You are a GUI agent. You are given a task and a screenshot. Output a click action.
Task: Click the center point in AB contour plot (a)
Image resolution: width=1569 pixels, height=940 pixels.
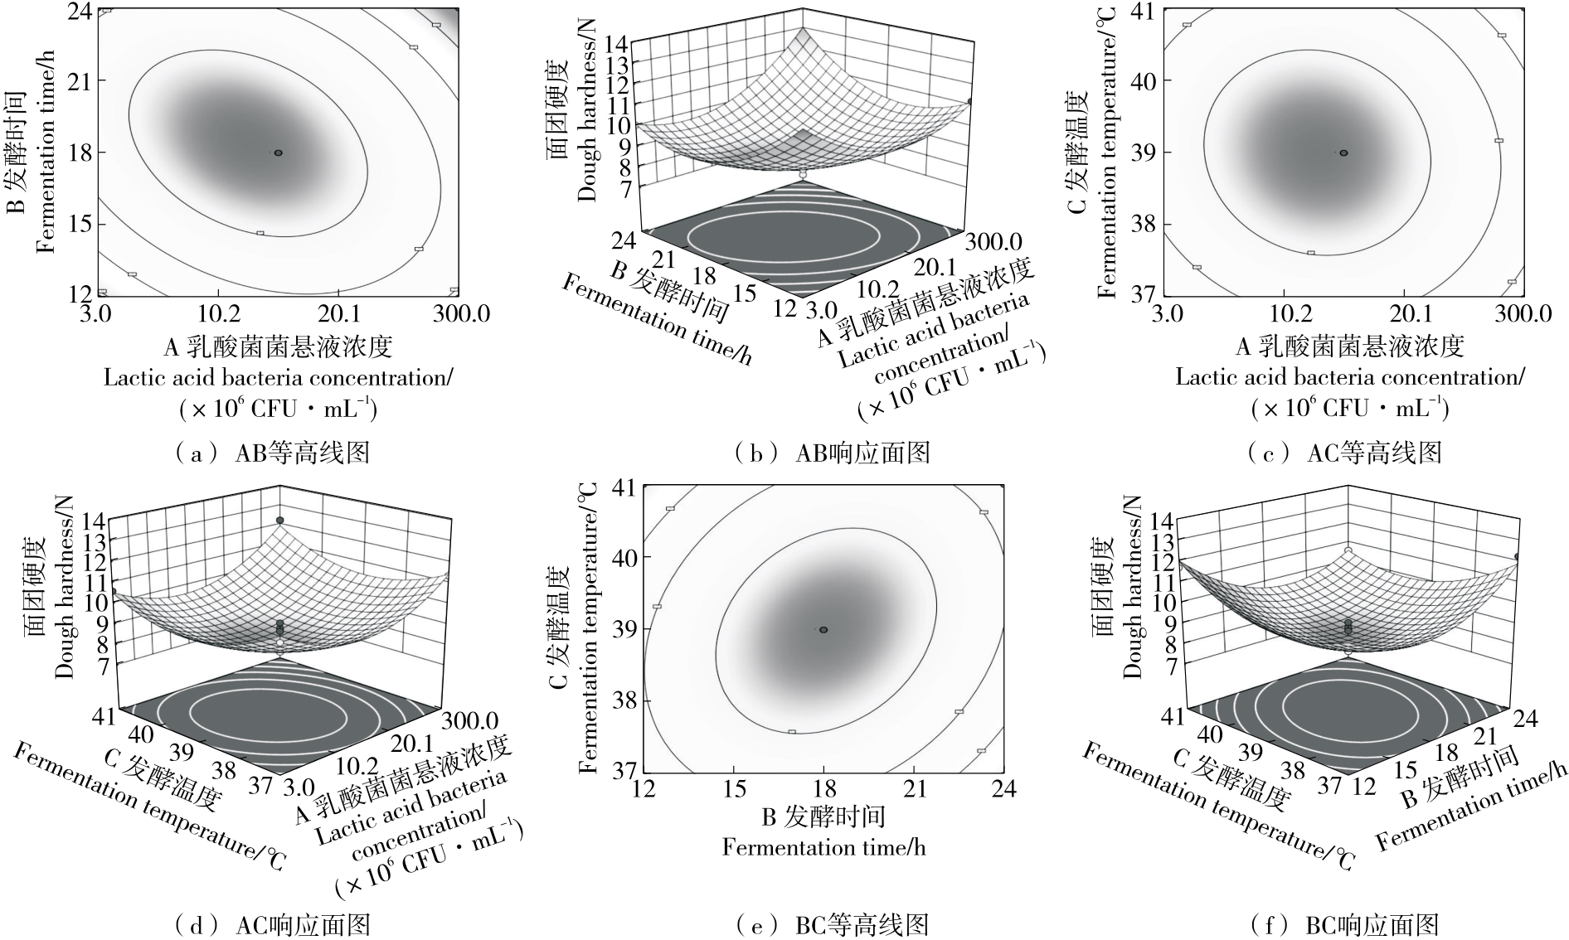tap(279, 153)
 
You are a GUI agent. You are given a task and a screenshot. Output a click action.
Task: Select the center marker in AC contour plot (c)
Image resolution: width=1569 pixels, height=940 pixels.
tap(1343, 153)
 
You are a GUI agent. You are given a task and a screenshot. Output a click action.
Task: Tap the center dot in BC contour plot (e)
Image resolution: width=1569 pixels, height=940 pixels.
tap(823, 630)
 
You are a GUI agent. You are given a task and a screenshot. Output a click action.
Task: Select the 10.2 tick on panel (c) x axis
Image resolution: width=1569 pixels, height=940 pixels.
tap(1284, 313)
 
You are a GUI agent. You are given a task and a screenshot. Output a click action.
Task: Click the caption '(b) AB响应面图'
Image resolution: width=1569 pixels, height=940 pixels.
tap(833, 452)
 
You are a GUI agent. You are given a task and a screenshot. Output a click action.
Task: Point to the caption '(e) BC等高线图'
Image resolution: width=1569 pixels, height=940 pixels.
tap(833, 924)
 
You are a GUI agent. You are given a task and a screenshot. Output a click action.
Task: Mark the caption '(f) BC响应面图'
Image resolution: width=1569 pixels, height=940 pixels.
tap(1343, 924)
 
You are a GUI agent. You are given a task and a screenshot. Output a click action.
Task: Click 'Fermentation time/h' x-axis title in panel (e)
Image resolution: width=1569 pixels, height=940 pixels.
tap(823, 846)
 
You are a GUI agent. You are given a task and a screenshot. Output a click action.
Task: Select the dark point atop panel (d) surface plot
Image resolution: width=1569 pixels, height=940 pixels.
tap(280, 520)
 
